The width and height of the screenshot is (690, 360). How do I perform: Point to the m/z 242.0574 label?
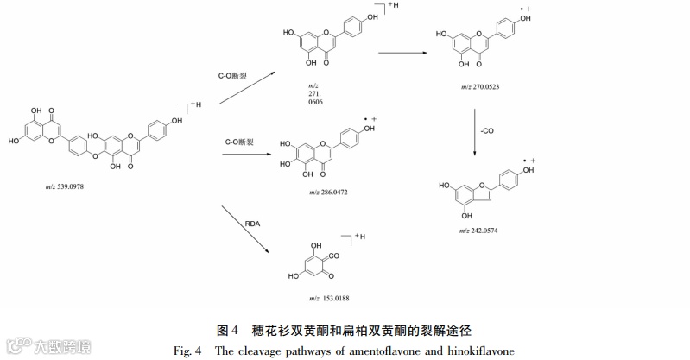click(x=480, y=231)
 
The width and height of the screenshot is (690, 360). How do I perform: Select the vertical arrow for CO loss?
click(x=473, y=131)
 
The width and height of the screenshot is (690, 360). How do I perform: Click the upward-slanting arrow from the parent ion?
click(x=244, y=90)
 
